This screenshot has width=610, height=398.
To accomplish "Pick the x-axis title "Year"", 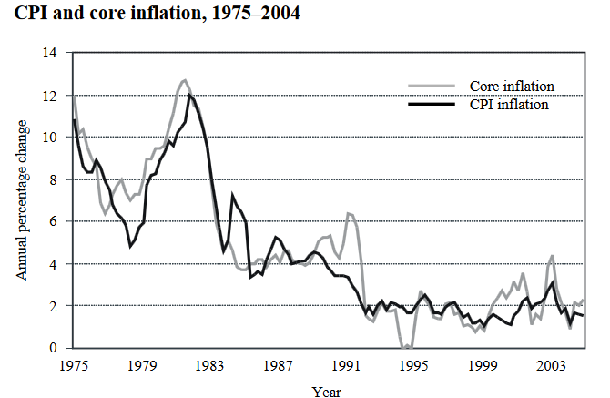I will pyautogui.click(x=326, y=392).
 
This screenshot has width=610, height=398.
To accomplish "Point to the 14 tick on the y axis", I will pyautogui.click(x=50, y=54).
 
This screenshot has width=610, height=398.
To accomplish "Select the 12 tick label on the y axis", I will pyautogui.click(x=50, y=96).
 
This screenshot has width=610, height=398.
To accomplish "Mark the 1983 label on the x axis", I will pyautogui.click(x=208, y=366).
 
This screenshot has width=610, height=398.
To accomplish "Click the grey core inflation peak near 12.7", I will pyautogui.click(x=185, y=80).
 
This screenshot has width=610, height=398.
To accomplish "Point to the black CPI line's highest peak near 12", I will pyautogui.click(x=189, y=95).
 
